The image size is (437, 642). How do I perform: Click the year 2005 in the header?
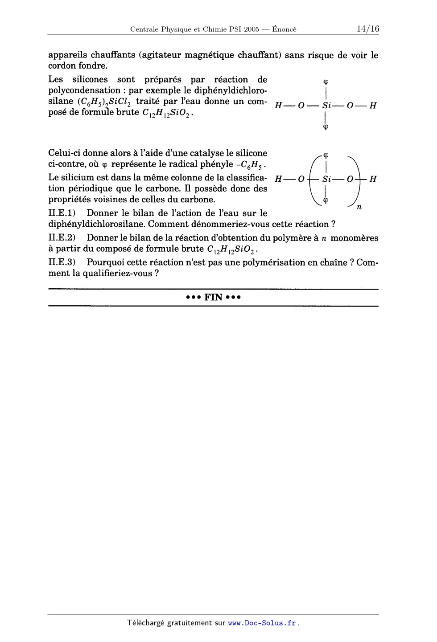pyautogui.click(x=251, y=30)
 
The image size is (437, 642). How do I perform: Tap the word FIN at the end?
pyautogui.click(x=214, y=298)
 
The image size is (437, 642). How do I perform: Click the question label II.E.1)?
pyautogui.click(x=62, y=213)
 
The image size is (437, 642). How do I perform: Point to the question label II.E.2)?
pyautogui.click(x=62, y=238)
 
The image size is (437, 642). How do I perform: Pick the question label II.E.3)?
pyautogui.click(x=62, y=262)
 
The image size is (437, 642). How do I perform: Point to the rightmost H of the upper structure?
pyautogui.click(x=373, y=106)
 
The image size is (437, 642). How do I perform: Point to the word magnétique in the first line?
pyautogui.click(x=209, y=55)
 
